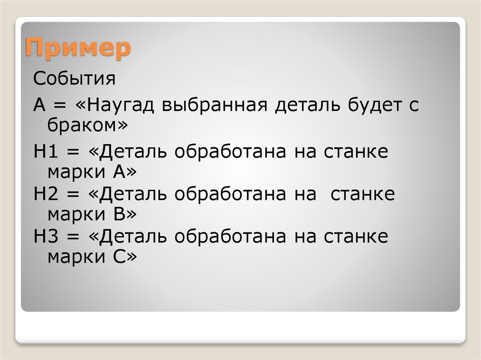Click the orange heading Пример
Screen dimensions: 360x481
pos(78,48)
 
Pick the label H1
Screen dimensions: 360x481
pos(45,153)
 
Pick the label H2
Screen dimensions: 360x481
pos(45,194)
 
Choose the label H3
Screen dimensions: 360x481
pos(45,237)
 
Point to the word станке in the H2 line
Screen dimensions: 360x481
pos(363,194)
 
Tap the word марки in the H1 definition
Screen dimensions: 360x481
pos(78,173)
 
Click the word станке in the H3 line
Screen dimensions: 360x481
pos(356,237)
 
